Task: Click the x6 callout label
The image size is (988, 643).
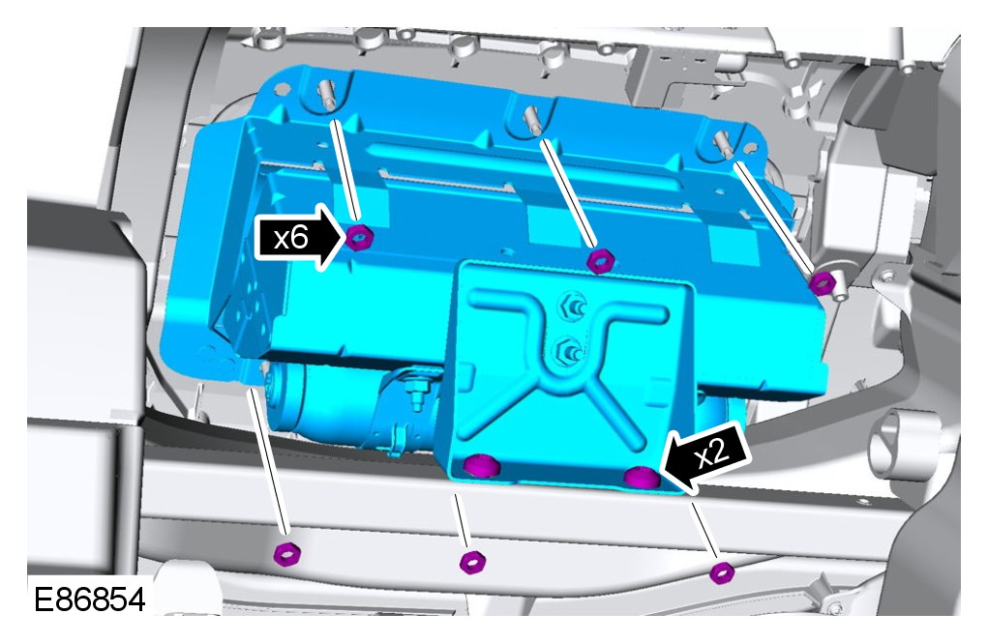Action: coord(291,238)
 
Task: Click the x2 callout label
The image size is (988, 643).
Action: coord(712,453)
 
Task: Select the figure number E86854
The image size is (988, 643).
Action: coord(89,599)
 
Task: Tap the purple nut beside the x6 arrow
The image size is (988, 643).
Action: coord(360,237)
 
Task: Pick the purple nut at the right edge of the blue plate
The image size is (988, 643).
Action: coord(823,282)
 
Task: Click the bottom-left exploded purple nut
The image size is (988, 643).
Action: coord(287,554)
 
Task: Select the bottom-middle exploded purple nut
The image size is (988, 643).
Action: coord(472,561)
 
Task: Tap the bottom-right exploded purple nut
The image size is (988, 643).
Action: coord(722,572)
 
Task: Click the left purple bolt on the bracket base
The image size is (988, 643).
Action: coord(481,466)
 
